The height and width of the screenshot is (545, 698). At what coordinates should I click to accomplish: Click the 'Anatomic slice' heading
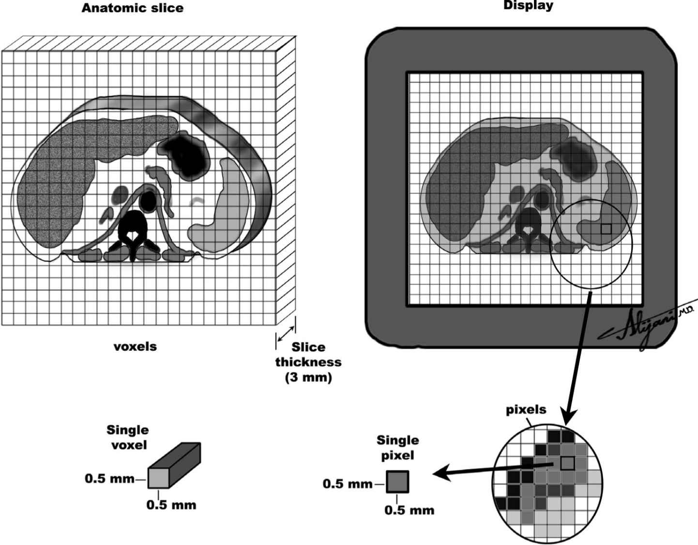pos(132,8)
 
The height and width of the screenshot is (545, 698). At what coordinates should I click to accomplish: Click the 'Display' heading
pos(528,6)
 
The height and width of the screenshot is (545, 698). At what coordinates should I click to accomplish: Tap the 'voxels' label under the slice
pos(135,346)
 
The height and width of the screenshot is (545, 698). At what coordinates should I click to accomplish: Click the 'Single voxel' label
pos(128,437)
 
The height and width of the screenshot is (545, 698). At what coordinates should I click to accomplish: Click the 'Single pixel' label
pos(397,448)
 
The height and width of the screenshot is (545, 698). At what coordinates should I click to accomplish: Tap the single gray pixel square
pos(398,483)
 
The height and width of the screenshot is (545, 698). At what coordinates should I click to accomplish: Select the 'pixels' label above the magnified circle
pos(526,410)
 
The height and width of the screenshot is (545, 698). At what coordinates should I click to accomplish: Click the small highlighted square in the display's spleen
pos(606,229)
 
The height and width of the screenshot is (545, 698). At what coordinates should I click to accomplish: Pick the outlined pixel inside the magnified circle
pos(567,464)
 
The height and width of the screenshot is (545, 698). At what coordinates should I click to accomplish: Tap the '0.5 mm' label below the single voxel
pos(171,505)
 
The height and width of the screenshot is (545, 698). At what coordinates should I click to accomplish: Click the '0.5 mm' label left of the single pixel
pos(348,483)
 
